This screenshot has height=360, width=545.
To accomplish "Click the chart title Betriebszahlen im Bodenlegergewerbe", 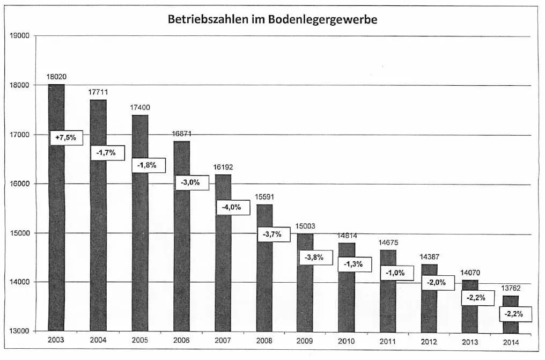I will (272, 20).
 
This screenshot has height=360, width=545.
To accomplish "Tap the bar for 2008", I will (264, 279).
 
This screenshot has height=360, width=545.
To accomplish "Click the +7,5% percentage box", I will (66, 138).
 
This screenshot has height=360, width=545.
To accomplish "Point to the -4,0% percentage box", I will (232, 207).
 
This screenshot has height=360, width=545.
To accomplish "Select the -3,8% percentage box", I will (314, 258).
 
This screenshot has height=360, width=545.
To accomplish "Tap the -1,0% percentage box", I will (396, 273).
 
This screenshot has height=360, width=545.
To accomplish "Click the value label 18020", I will (56, 77).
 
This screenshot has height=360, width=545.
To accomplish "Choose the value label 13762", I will (510, 288).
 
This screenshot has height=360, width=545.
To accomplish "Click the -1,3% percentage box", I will (355, 264).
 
